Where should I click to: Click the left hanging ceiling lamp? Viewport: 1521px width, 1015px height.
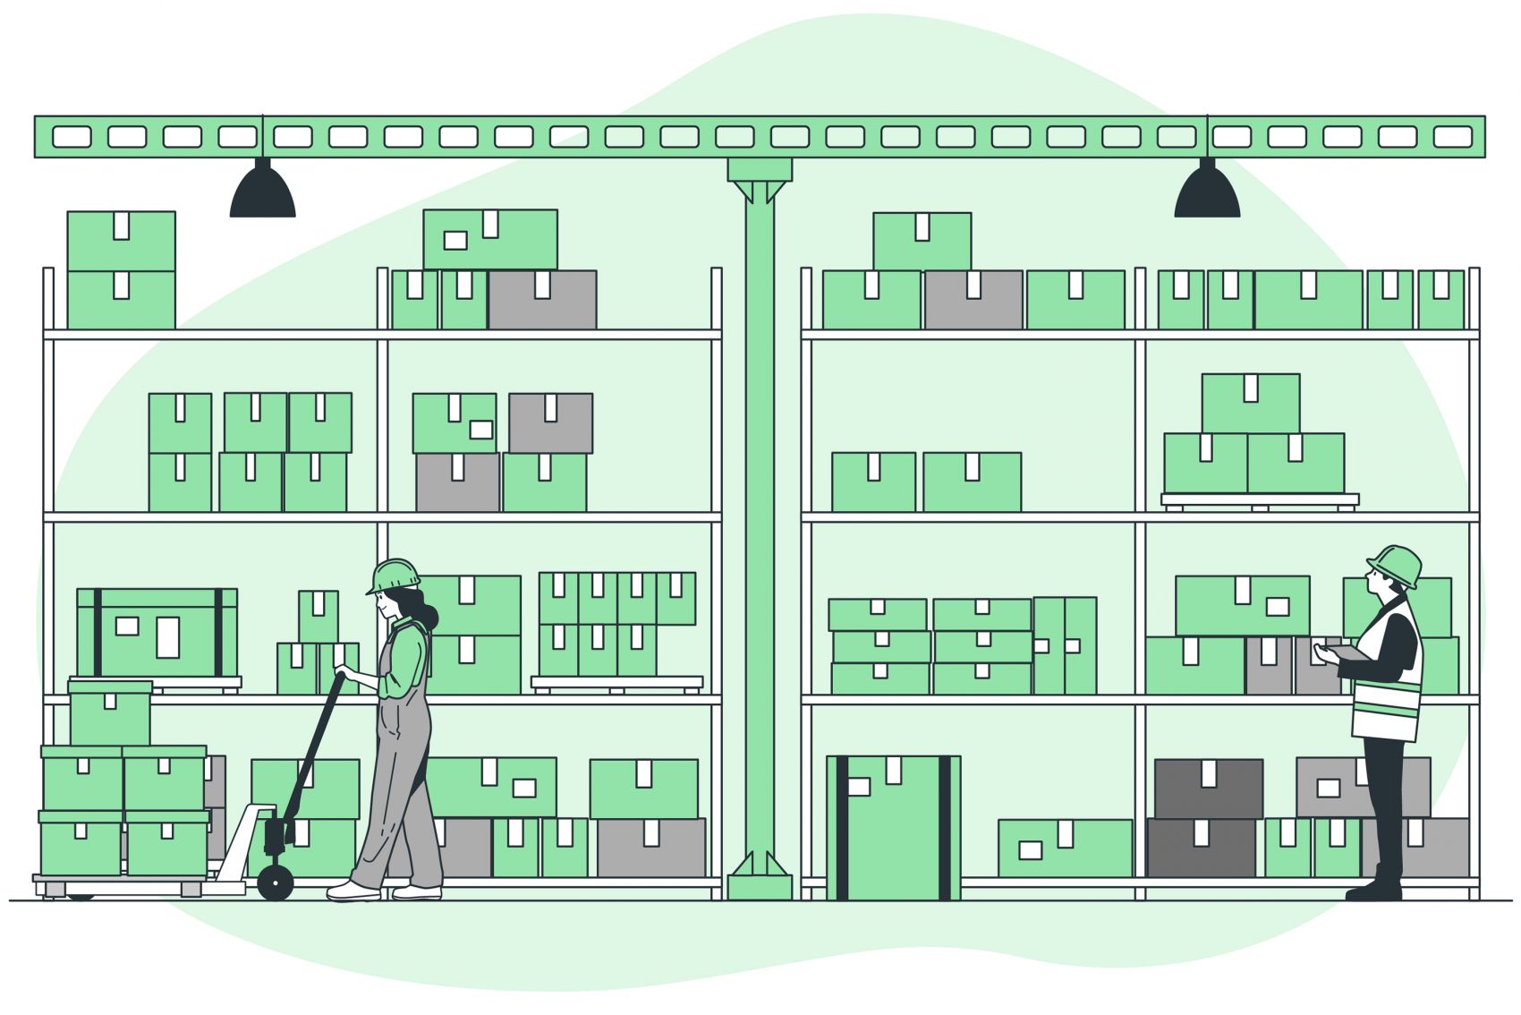click(x=262, y=192)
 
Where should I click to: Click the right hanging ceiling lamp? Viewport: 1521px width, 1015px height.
click(x=1207, y=192)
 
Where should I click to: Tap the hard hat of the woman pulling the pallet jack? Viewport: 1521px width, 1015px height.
click(x=395, y=575)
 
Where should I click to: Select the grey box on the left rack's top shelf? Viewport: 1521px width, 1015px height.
click(x=542, y=300)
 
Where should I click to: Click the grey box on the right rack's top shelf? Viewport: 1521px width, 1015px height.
click(x=973, y=300)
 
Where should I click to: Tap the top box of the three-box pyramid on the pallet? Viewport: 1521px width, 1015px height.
click(x=1250, y=403)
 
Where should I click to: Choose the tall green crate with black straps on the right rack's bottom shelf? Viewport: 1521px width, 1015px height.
click(x=893, y=828)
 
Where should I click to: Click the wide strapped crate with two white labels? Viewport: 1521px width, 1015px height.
click(x=157, y=633)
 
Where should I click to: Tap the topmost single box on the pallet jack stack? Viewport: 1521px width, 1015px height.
click(x=110, y=713)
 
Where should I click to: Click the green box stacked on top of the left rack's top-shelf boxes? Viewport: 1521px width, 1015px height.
click(x=489, y=239)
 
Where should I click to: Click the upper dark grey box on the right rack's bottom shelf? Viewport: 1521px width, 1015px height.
click(x=1208, y=789)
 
